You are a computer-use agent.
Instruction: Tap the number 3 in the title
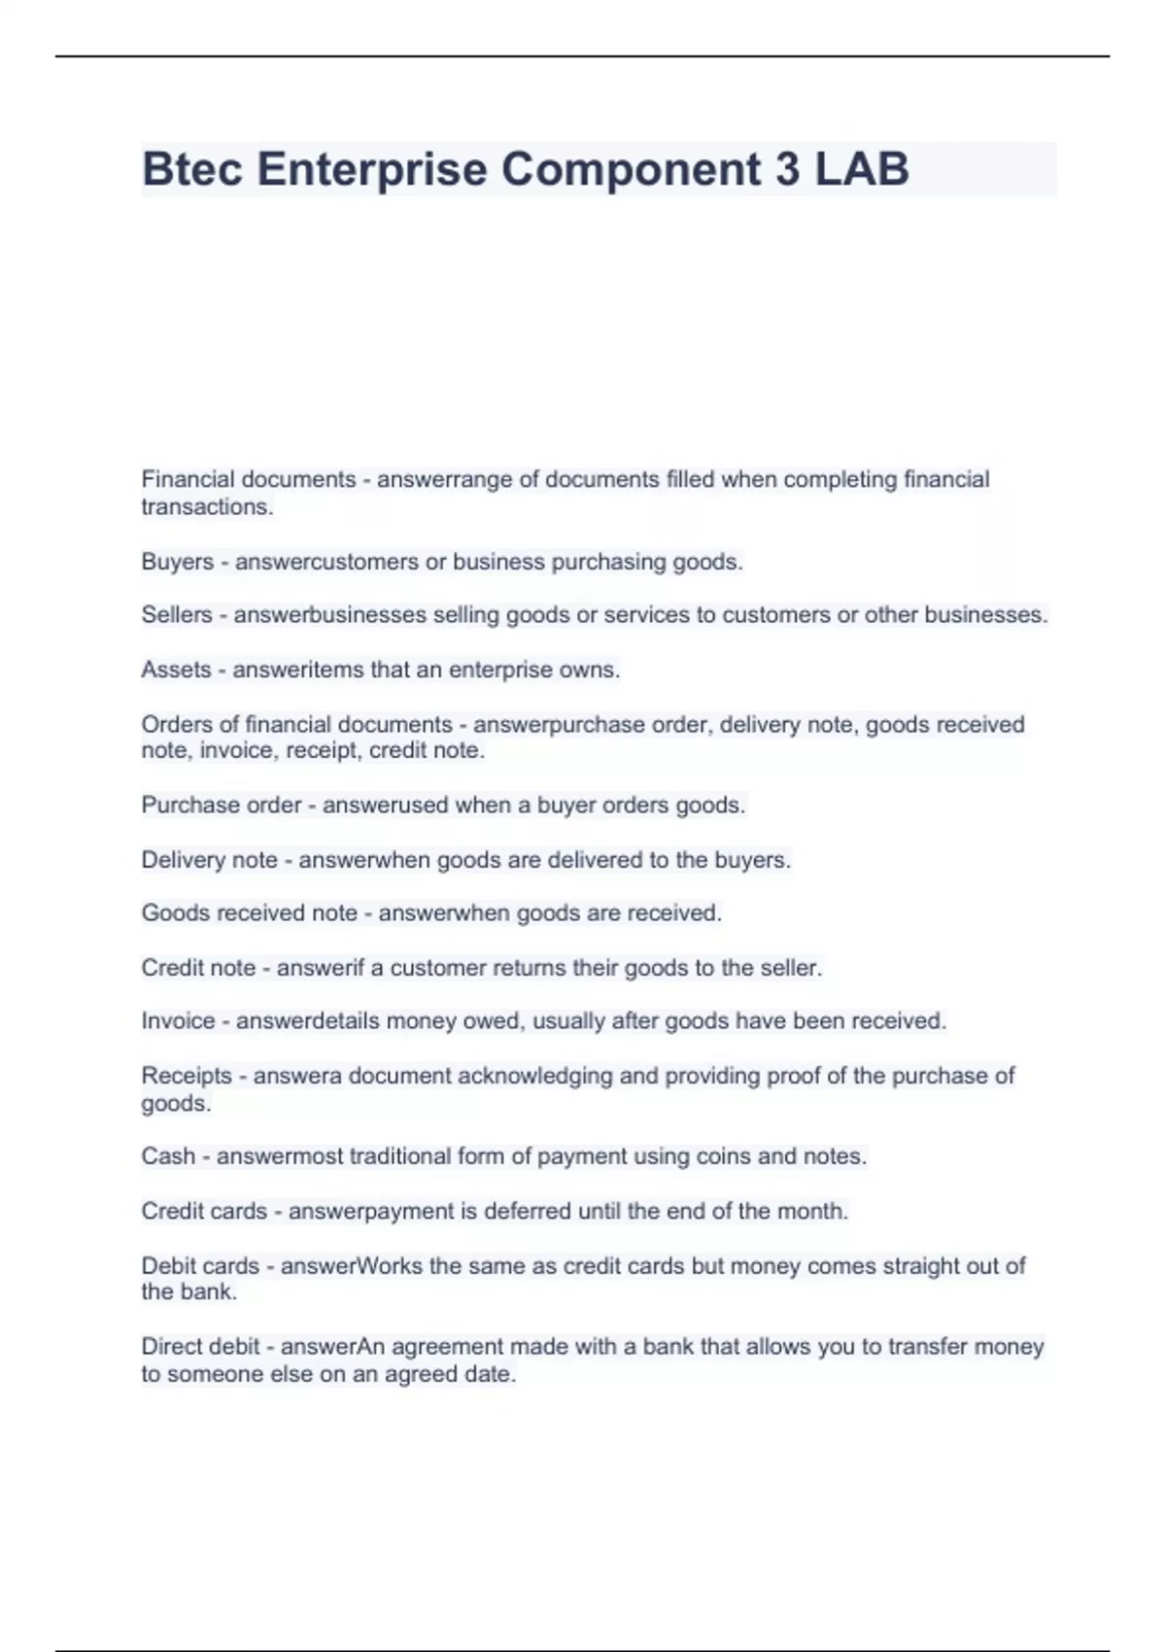787,169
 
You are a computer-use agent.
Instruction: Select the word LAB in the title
862,169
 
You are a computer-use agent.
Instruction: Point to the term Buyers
177,562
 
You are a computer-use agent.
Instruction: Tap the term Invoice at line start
178,1021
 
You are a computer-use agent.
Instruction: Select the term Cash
168,1156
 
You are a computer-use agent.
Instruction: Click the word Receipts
187,1076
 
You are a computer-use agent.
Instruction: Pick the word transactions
206,506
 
